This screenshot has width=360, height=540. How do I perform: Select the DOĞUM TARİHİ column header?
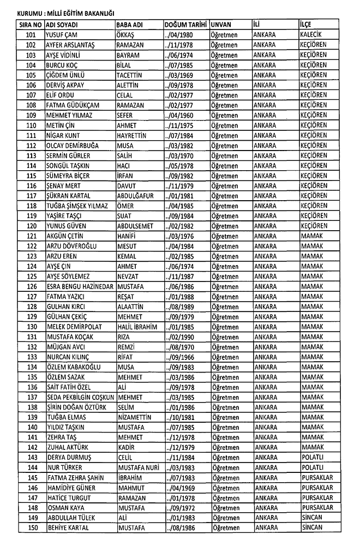coord(185,25)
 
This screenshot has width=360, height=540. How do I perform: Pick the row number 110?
coord(31,125)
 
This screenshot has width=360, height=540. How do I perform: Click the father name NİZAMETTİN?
coord(137,417)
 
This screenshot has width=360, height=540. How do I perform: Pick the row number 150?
coord(31,527)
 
